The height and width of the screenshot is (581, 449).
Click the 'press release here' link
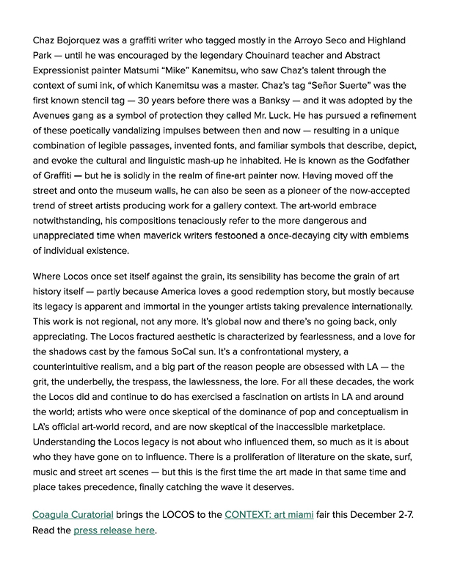[x=114, y=530]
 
